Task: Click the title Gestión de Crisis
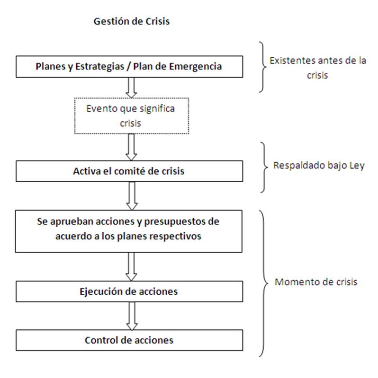131,21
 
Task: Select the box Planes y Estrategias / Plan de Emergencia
129,67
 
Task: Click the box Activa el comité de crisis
129,171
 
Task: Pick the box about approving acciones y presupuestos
129,229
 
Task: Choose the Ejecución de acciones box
129,291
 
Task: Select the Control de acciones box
129,340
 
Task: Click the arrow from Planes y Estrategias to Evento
132,87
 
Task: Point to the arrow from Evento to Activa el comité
132,147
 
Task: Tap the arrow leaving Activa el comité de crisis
132,195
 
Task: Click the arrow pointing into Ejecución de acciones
132,266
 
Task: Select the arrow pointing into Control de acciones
132,316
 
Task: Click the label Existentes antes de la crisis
317,68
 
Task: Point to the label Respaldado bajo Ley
319,167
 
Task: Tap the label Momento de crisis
316,282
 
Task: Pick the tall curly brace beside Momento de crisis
262,283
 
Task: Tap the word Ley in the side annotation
357,167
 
